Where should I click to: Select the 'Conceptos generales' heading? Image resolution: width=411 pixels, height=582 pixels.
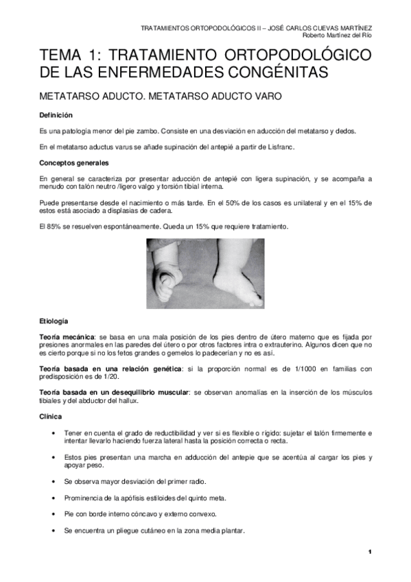(x=73, y=163)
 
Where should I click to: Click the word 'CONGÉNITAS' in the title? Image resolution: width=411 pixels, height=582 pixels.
(x=271, y=71)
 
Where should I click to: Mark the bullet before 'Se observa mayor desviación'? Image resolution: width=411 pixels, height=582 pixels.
(x=54, y=481)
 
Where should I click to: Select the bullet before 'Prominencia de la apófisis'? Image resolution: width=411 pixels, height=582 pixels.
(x=54, y=498)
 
